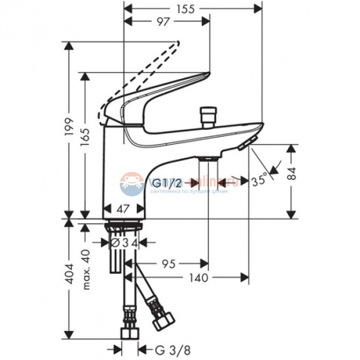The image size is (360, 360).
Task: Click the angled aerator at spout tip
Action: (x=249, y=142)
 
